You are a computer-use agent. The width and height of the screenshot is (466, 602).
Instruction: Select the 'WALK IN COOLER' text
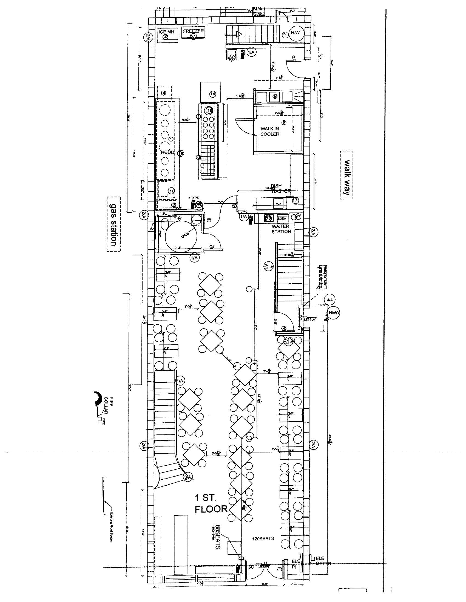[x=270, y=131]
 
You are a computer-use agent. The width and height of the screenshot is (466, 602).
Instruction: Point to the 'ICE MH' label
[x=166, y=32]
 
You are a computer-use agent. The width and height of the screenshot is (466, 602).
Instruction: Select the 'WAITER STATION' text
[x=281, y=229]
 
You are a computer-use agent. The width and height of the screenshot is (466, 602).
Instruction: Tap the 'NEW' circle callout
[x=334, y=313]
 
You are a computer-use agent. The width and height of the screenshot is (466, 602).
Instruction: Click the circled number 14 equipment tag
[x=212, y=94]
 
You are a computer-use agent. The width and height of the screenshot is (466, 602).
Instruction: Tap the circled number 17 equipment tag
[x=295, y=200]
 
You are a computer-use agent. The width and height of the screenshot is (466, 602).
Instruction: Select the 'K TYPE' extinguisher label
[x=193, y=198]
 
